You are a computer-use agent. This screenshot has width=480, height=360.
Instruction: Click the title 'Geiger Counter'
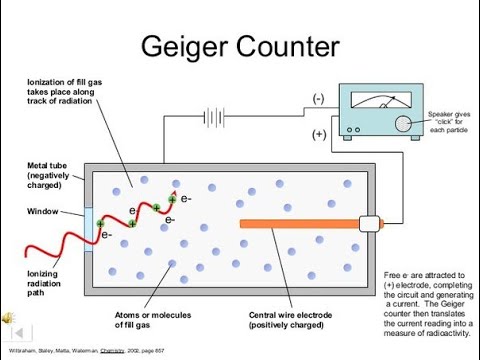tap(240, 46)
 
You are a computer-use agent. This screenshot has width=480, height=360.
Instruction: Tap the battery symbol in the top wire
tap(213, 118)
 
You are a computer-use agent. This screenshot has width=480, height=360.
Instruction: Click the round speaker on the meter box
tap(403, 123)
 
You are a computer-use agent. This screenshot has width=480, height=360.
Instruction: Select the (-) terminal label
tap(318, 98)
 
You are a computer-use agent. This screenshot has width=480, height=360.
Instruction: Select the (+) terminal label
tap(318, 133)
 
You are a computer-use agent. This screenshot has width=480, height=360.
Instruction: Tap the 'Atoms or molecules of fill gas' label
tap(156, 320)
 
